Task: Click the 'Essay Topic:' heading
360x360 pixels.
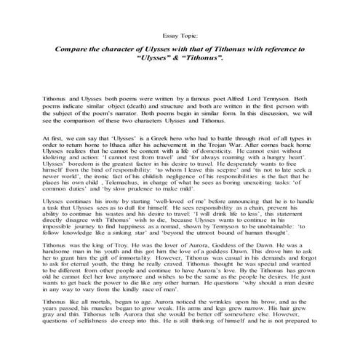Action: (180, 34)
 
